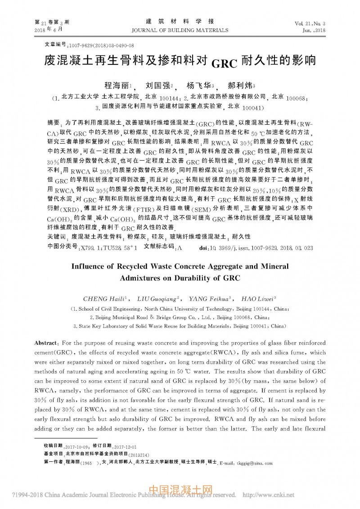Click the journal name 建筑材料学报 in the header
(x=180, y=22)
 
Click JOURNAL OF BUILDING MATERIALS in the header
(x=180, y=30)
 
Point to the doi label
(x=202, y=247)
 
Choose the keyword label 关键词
(x=57, y=236)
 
